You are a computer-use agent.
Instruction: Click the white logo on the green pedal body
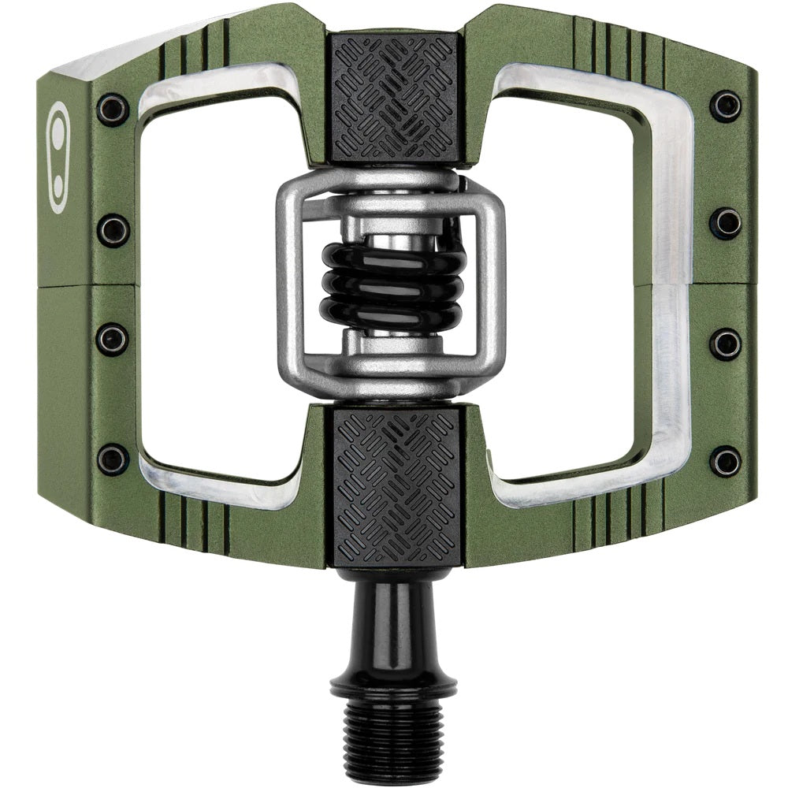pos(58,157)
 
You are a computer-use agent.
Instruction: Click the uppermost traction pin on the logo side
pos(113,110)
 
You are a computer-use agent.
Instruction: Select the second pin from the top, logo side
pos(113,230)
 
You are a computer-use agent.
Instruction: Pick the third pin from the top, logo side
pos(113,340)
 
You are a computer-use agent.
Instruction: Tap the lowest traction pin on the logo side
pos(113,459)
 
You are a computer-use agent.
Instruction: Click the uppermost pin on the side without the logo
pos(725,106)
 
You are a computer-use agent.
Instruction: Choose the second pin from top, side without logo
pos(725,223)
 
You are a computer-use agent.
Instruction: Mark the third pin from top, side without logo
pos(725,344)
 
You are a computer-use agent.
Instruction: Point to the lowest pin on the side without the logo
pos(725,461)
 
